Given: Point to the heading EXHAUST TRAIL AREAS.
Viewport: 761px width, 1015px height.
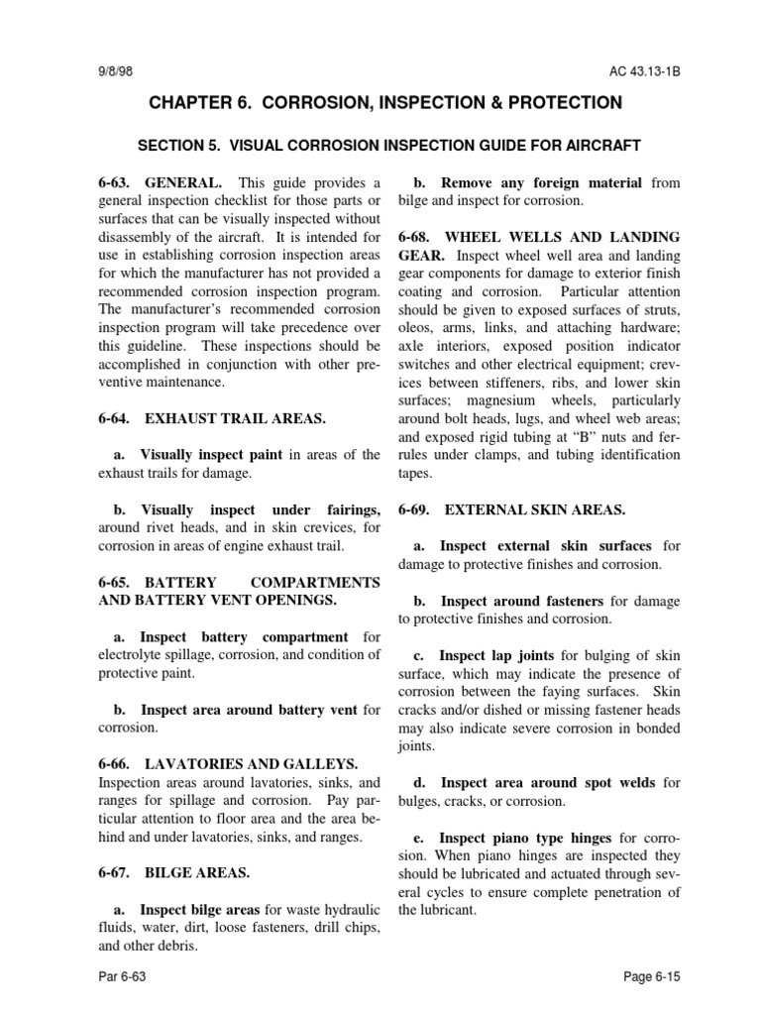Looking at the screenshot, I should pos(236,419).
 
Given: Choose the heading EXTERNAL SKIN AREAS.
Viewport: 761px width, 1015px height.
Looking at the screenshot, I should pos(535,509).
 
